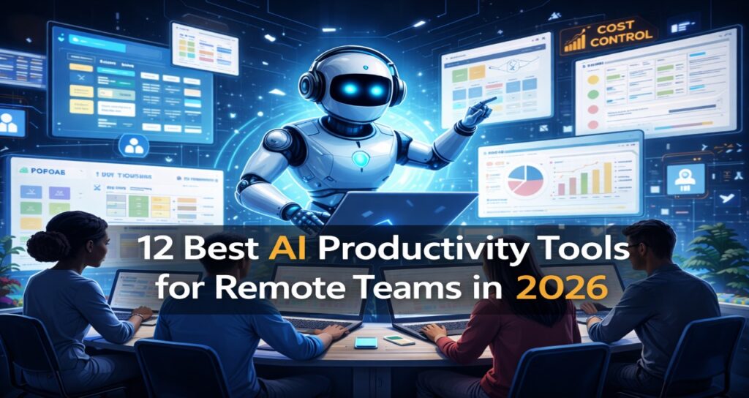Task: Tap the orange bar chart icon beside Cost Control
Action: [576, 40]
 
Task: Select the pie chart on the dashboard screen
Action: [525, 181]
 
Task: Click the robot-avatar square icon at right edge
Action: [685, 178]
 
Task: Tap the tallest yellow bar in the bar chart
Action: [606, 176]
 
